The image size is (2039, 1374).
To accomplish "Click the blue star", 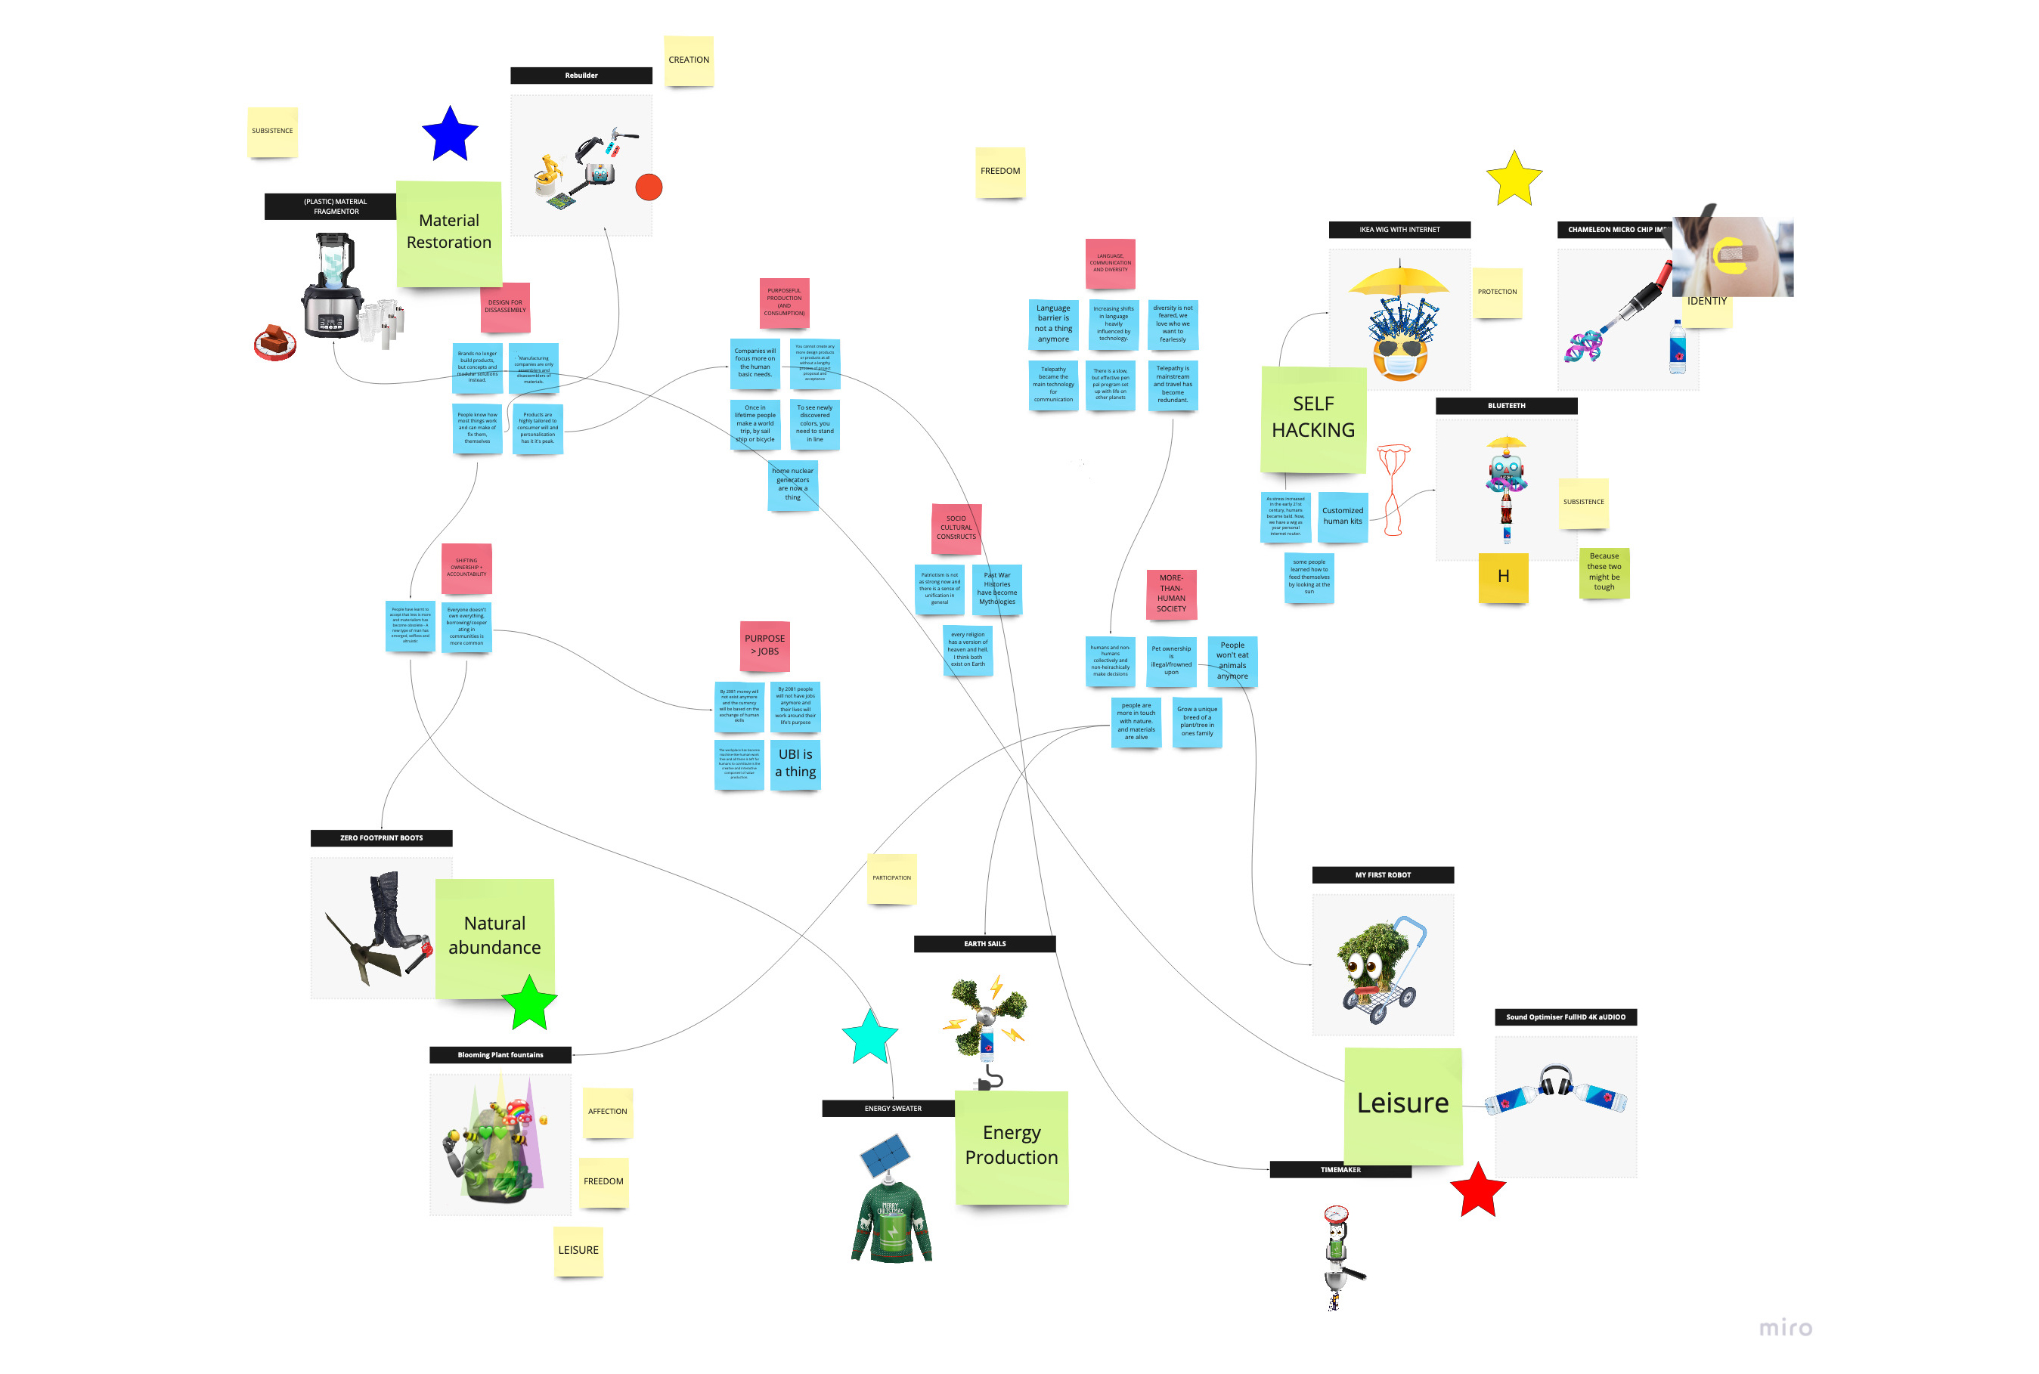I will (450, 135).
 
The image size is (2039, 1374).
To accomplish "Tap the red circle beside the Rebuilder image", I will (649, 187).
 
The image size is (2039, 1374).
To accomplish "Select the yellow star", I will (1514, 180).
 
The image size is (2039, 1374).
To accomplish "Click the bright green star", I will (529, 1004).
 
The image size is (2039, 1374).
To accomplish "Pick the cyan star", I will (869, 1037).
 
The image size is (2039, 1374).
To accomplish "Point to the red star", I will (1478, 1191).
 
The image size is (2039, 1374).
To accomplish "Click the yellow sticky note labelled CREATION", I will (689, 60).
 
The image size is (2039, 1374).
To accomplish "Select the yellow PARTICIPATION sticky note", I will (891, 878).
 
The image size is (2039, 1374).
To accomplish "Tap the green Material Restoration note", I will (449, 233).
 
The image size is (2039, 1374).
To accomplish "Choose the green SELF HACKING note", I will (1313, 419).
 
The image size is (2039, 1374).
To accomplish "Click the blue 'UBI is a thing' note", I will (796, 763).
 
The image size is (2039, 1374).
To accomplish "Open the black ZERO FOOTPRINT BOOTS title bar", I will (381, 837).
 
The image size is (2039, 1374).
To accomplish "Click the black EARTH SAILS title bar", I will (984, 944).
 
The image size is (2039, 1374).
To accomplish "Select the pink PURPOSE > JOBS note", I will (764, 646).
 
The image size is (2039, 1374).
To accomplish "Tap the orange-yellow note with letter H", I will (1504, 577).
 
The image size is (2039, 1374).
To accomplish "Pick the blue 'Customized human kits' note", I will (1343, 516).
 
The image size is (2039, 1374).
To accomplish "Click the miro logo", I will (1785, 1328).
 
